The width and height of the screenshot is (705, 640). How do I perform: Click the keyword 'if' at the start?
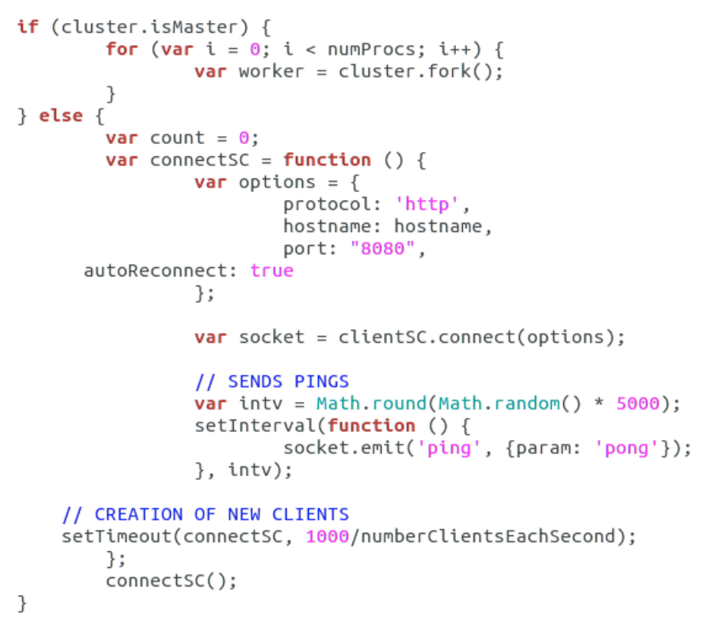click(x=27, y=28)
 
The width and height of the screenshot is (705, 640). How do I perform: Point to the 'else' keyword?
click(x=61, y=116)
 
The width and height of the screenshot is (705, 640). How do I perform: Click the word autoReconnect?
click(x=161, y=271)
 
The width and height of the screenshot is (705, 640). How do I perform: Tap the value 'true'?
click(x=272, y=271)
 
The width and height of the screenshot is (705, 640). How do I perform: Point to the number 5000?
click(x=638, y=403)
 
